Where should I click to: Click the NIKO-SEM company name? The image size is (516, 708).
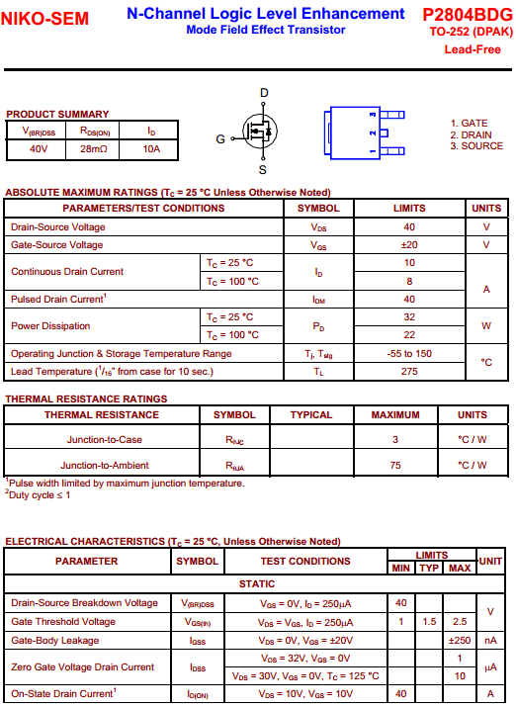[44, 19]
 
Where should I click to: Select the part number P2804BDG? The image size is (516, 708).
[467, 15]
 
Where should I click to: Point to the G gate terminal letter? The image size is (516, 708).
[220, 139]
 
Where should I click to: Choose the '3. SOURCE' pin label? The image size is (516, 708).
[476, 146]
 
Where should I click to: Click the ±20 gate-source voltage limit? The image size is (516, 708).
[409, 245]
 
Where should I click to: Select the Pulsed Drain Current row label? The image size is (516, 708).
[58, 299]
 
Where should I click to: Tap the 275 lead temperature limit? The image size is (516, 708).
[409, 371]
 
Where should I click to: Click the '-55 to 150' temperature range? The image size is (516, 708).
[409, 353]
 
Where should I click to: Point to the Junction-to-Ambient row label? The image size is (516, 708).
[105, 465]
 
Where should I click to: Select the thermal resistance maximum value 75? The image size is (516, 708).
[395, 465]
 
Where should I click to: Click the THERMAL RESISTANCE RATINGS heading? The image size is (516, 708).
[86, 399]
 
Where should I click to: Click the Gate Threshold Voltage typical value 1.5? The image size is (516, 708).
[429, 622]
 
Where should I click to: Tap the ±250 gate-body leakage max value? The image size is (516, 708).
[459, 640]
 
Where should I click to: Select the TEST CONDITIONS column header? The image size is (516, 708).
[305, 561]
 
